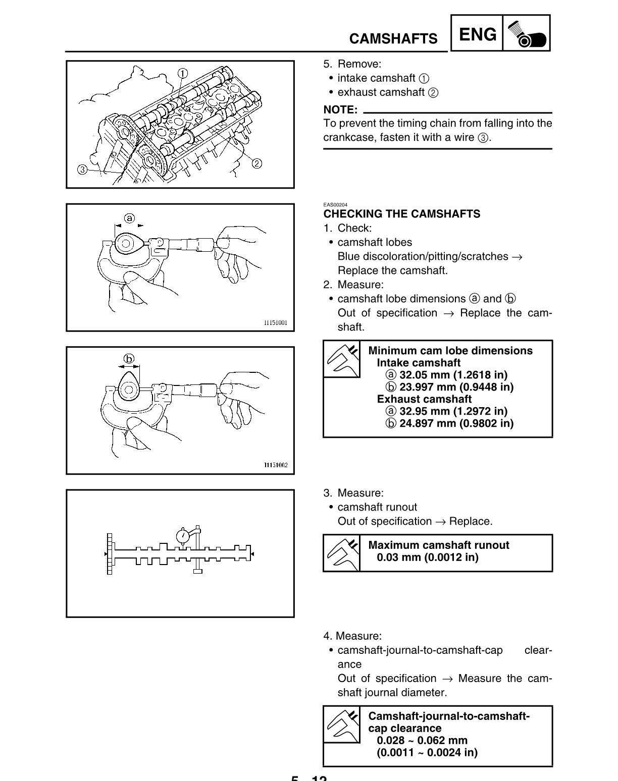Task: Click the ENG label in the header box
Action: pos(477,34)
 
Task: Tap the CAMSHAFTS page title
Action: pos(393,39)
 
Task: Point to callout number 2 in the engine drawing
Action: pos(256,163)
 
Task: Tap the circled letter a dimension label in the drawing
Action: pos(129,218)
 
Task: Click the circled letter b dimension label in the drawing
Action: pos(129,359)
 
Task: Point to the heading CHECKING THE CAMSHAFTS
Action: pos(402,214)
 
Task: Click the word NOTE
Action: pos(340,109)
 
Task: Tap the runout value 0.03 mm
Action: pos(427,557)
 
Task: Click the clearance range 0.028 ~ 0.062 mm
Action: pos(422,741)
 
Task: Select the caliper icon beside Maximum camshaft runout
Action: pos(342,552)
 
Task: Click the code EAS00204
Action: pos(335,205)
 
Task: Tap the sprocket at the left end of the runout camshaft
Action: pos(109,554)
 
